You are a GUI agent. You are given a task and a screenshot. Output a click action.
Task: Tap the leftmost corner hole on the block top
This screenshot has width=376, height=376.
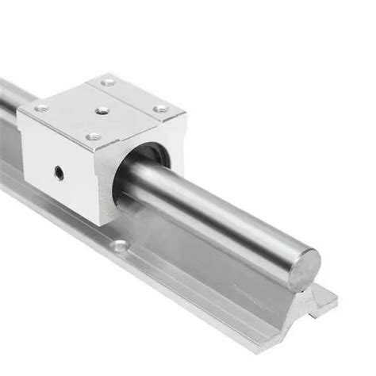point(41,107)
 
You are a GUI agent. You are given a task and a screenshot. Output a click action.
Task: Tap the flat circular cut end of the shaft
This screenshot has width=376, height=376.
point(302,268)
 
